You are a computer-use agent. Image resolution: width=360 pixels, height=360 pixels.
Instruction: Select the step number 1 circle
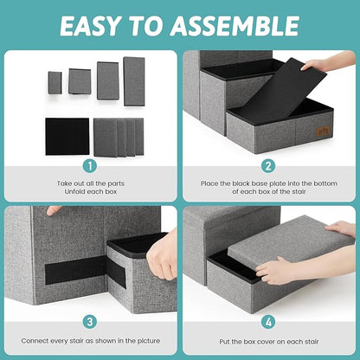89,165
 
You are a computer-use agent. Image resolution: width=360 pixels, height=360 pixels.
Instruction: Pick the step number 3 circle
89,321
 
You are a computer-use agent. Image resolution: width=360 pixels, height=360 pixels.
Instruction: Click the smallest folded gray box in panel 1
55,82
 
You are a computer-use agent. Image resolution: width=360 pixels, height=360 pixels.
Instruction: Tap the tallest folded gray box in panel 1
134,80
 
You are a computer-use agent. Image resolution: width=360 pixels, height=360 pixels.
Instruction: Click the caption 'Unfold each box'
89,191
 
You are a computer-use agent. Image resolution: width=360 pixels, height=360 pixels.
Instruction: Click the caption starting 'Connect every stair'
89,344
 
